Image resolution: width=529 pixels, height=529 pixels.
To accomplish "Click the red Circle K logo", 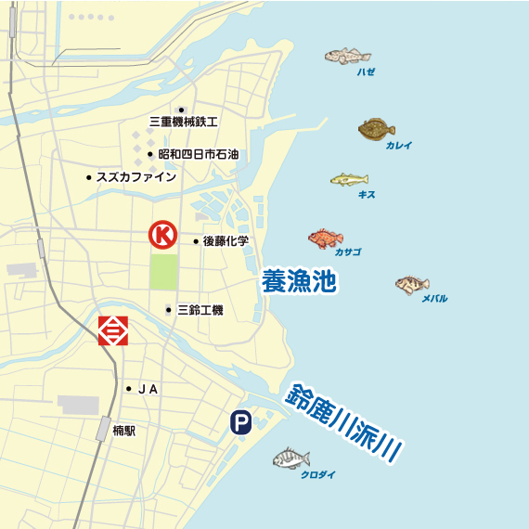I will (164, 235).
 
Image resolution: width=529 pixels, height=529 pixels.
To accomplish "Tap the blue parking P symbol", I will (240, 423).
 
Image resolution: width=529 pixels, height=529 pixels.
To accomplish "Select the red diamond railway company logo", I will (113, 329).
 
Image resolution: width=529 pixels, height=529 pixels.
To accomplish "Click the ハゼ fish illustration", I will (347, 57).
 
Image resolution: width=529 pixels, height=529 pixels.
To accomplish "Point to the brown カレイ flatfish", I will (377, 129).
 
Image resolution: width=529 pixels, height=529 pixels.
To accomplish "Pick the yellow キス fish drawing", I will (349, 179).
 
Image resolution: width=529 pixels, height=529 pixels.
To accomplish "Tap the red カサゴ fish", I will (326, 239).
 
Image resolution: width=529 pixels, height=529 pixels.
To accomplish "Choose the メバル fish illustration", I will (411, 284).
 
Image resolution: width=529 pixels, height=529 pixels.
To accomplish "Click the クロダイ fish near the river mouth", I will (291, 458).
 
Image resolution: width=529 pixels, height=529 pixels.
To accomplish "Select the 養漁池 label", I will (297, 282).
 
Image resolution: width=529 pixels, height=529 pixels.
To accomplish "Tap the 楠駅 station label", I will (123, 431).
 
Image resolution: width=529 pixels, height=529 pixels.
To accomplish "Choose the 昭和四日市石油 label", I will (198, 154).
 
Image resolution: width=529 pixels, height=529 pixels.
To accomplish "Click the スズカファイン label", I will (136, 176).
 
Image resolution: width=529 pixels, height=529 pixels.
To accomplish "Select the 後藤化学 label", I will (226, 241).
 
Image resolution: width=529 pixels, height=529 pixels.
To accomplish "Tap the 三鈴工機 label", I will (200, 310).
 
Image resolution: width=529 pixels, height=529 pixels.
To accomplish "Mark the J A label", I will (148, 389).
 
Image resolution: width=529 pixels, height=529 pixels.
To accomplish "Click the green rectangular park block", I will (164, 271).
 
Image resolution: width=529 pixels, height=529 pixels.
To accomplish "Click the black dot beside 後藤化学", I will (196, 241).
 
